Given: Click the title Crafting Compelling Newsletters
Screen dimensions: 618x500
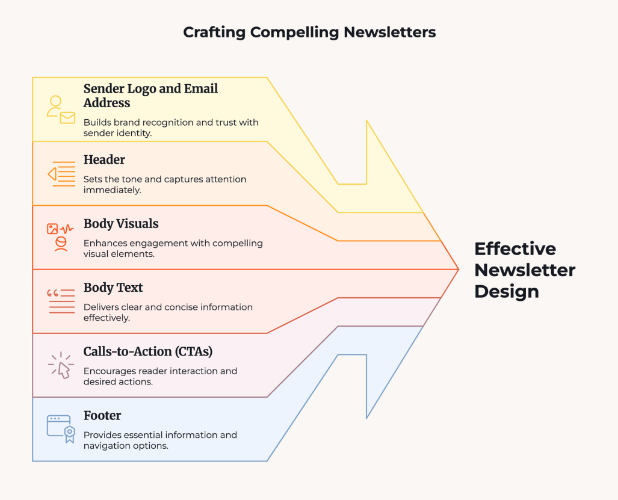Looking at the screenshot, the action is point(309,32).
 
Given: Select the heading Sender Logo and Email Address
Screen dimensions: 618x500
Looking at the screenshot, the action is point(150,96).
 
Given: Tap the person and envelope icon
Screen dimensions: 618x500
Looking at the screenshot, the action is point(61,110).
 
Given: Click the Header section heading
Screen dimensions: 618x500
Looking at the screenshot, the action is point(104,159).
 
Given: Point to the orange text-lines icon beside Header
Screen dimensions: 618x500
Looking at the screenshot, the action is point(61,174).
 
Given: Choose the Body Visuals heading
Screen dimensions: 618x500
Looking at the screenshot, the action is point(121,224).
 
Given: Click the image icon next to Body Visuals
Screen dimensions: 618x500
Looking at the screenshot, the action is point(60,236).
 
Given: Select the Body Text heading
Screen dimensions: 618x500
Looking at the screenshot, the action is point(113,288).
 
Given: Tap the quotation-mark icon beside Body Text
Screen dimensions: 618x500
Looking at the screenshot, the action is point(61,301).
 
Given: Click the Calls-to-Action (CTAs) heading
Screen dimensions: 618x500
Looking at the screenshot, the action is point(148,351).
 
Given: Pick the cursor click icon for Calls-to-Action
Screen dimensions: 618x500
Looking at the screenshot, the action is point(61,365).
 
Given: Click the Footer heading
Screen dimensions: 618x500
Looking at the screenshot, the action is point(102,415).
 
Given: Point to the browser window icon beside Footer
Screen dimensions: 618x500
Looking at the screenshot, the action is point(61,428).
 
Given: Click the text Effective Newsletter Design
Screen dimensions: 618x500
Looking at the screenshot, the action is point(524,270).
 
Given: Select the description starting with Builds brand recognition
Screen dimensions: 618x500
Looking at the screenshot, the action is point(171,128).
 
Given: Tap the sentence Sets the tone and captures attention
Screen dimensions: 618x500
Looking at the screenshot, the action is point(164,184).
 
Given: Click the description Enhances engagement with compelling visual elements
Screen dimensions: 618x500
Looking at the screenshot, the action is point(173,248).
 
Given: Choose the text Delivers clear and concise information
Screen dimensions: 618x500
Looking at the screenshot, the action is point(168,312).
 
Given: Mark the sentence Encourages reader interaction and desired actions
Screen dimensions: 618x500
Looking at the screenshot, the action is point(160,376).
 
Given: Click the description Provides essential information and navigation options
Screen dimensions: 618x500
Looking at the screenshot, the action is point(160,440).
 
